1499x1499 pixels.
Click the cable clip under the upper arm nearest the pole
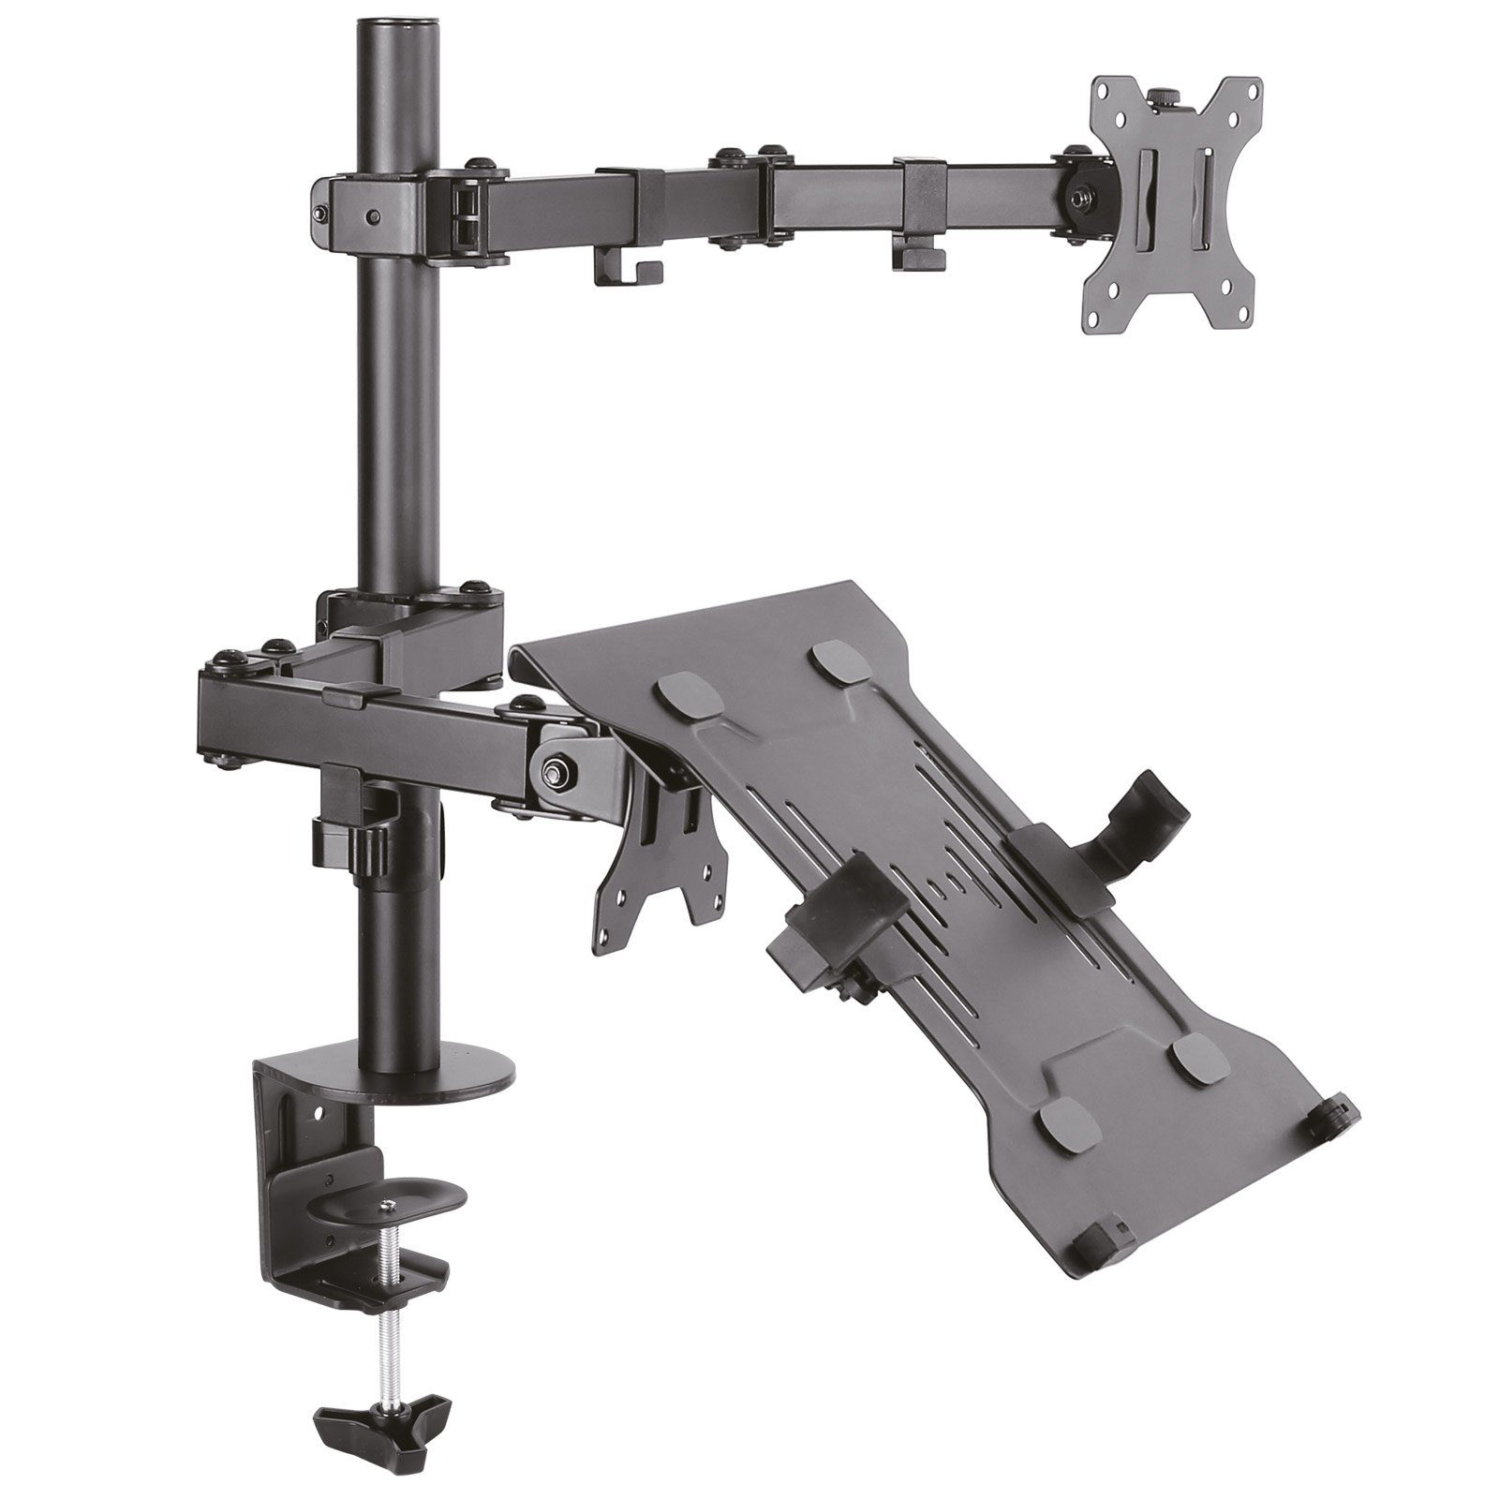tap(629, 271)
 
